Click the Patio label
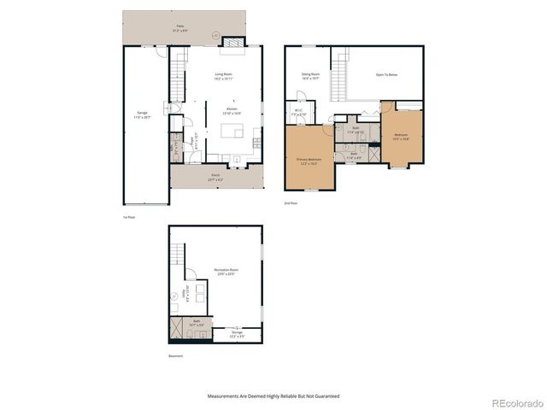tap(180, 27)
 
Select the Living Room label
tap(225, 76)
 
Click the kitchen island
tap(232, 131)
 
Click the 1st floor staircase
tap(179, 65)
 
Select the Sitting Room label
tap(309, 75)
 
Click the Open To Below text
tap(386, 74)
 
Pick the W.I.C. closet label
tap(298, 111)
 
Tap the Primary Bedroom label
tap(309, 161)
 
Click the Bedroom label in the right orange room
tap(401, 137)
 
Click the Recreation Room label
tap(226, 272)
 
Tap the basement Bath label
tap(196, 323)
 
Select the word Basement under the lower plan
tap(176, 355)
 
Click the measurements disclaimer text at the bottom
tap(273, 396)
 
